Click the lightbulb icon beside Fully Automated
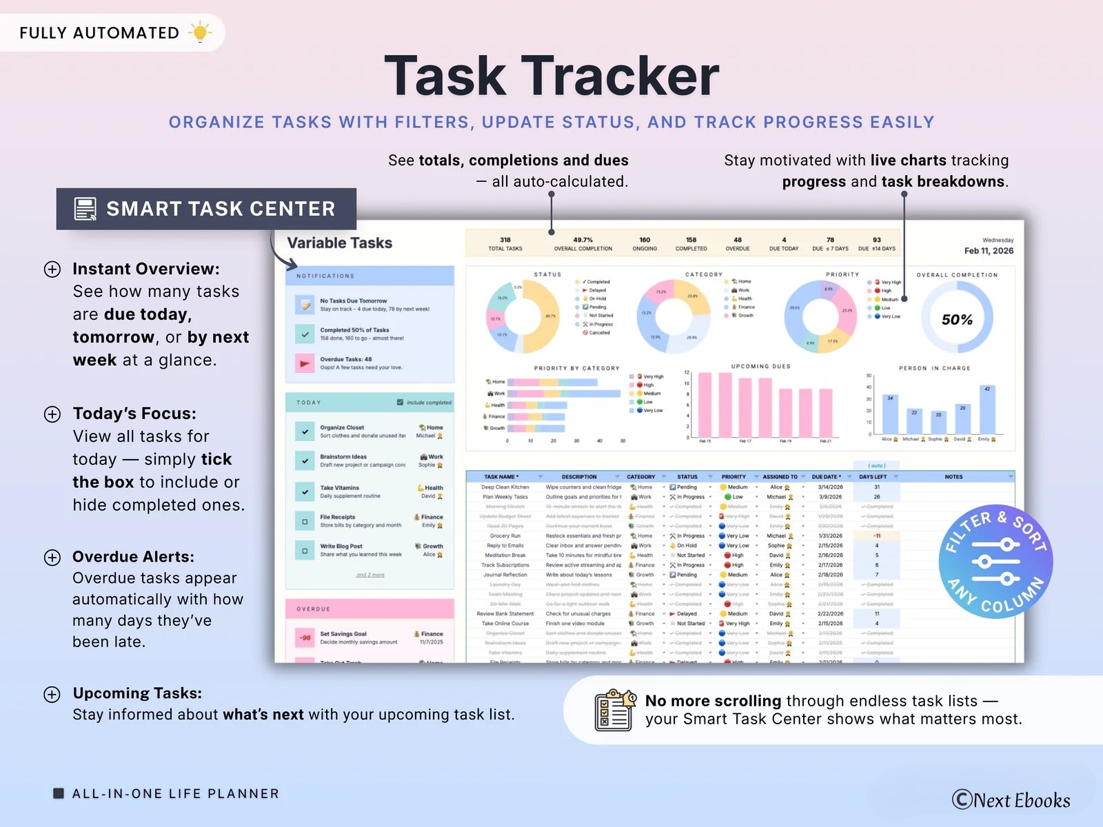click(x=200, y=32)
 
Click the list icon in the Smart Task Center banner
click(x=85, y=209)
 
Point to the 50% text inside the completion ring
click(x=957, y=320)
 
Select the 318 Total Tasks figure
click(x=505, y=244)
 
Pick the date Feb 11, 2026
click(x=989, y=251)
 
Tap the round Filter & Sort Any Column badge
click(x=995, y=562)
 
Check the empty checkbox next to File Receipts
click(x=305, y=522)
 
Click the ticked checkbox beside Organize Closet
click(x=305, y=431)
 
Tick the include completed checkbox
click(x=400, y=402)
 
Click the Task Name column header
click(x=501, y=477)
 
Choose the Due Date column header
click(x=825, y=477)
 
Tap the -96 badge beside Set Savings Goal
click(x=305, y=637)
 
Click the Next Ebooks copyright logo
click(x=1011, y=800)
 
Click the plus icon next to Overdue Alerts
click(x=52, y=558)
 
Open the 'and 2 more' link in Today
click(x=370, y=575)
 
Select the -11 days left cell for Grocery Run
click(x=877, y=535)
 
